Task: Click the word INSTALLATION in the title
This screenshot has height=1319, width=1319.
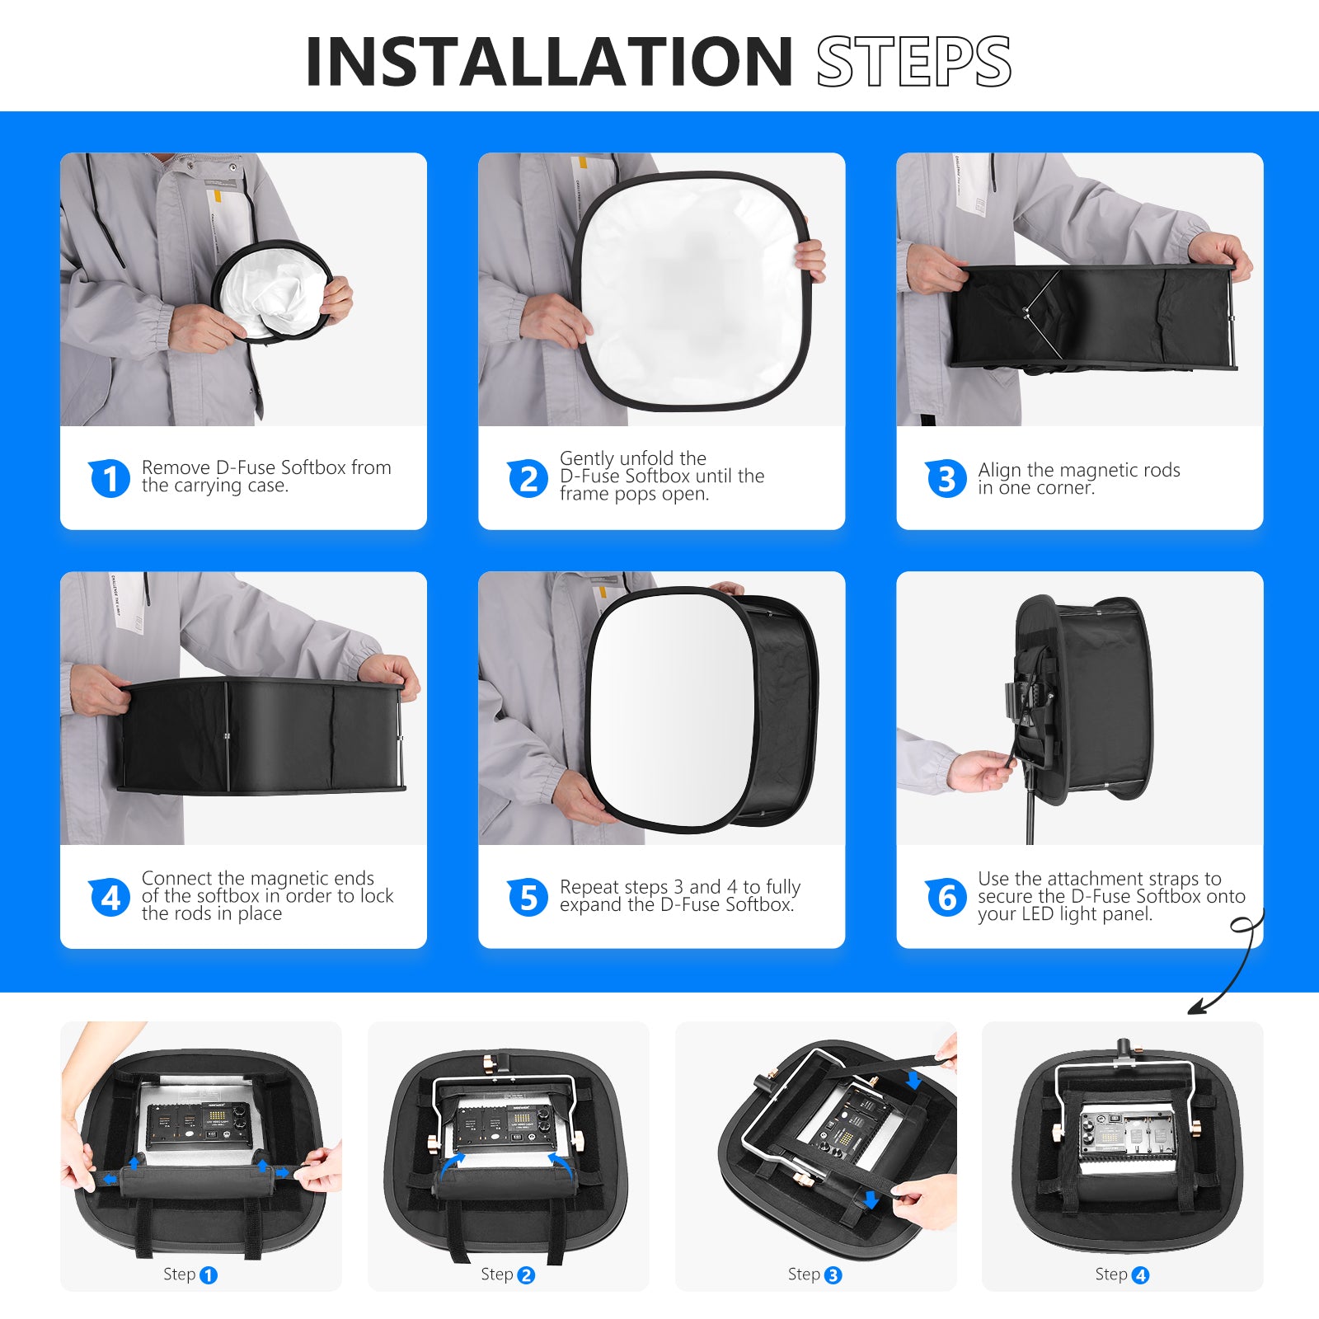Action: pyautogui.click(x=548, y=62)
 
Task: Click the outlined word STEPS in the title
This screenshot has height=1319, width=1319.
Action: pyautogui.click(x=913, y=62)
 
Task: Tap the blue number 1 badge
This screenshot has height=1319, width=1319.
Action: pyautogui.click(x=110, y=478)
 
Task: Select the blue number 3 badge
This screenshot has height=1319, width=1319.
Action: pyautogui.click(x=946, y=478)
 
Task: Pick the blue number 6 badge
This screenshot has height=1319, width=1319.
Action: pyautogui.click(x=946, y=897)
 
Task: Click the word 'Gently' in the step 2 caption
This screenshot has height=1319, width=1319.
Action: pyautogui.click(x=586, y=458)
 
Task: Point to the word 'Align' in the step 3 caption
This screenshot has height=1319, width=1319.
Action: pyautogui.click(x=999, y=470)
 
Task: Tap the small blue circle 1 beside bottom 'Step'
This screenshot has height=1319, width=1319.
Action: pyautogui.click(x=209, y=1275)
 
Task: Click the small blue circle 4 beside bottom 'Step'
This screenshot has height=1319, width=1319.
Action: pyautogui.click(x=1141, y=1275)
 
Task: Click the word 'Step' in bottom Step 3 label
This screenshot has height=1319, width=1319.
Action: pyautogui.click(x=803, y=1274)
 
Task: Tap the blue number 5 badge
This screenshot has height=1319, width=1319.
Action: pyautogui.click(x=528, y=897)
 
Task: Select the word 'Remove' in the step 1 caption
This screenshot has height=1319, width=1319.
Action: pyautogui.click(x=176, y=467)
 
